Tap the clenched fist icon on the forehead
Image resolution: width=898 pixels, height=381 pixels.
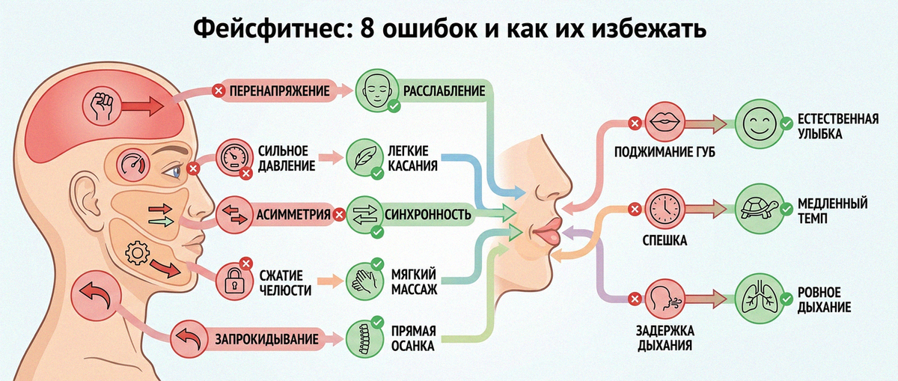coord(102,106)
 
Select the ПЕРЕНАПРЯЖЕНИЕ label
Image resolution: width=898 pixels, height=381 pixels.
coord(279,91)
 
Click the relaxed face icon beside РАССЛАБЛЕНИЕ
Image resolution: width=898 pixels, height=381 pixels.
coord(376,91)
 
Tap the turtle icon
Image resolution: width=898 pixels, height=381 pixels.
coord(760,209)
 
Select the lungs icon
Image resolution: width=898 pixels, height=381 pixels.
coord(760,299)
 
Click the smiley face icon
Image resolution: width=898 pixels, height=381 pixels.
coord(760,123)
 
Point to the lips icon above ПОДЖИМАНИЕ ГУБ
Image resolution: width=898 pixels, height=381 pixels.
coord(665,121)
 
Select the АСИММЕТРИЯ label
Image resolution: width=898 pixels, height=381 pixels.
coord(293,215)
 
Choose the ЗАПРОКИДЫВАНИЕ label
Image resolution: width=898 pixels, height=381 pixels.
coord(266,339)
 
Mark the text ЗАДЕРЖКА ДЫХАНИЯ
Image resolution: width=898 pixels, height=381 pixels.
coord(665,338)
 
